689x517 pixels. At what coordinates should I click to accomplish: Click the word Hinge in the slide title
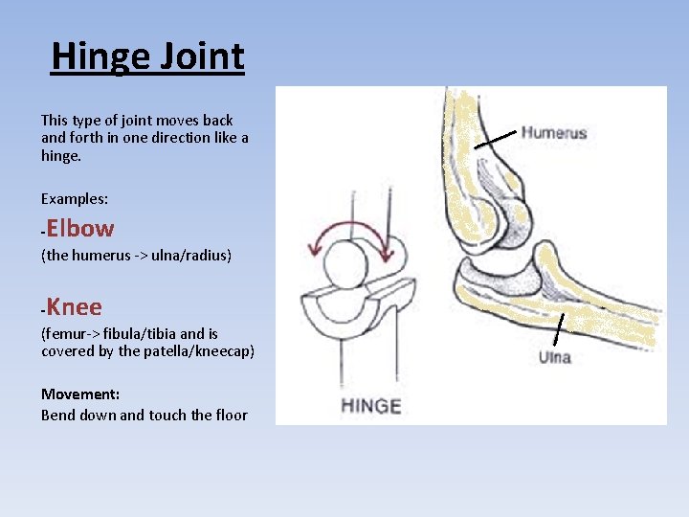(95, 57)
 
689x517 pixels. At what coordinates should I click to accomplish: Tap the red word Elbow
(79, 229)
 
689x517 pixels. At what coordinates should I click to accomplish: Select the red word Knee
(74, 307)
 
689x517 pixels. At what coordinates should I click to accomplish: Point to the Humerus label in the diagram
(553, 133)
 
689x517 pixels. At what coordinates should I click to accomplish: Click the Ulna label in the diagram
(554, 357)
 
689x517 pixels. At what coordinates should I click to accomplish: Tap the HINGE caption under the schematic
(371, 405)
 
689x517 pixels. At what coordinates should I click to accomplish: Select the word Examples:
(75, 198)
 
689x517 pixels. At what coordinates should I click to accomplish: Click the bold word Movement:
(79, 394)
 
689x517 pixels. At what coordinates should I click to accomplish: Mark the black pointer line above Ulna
(559, 328)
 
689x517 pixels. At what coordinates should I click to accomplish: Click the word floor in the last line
(231, 416)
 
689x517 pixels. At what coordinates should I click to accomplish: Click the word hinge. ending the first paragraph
(60, 155)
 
